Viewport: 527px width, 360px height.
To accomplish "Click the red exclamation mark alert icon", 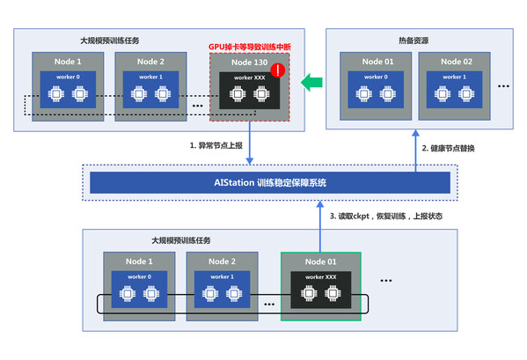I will point(277,70).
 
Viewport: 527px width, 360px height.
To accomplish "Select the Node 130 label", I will point(246,62).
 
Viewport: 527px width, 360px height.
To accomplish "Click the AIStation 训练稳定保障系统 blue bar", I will point(270,182).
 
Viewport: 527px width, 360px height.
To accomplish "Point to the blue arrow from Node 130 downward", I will point(250,146).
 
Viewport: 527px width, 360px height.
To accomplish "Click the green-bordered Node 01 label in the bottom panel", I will point(321,261).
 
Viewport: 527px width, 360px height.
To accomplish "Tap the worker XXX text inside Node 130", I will point(246,78).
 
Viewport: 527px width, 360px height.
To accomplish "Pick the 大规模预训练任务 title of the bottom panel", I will point(180,239).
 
